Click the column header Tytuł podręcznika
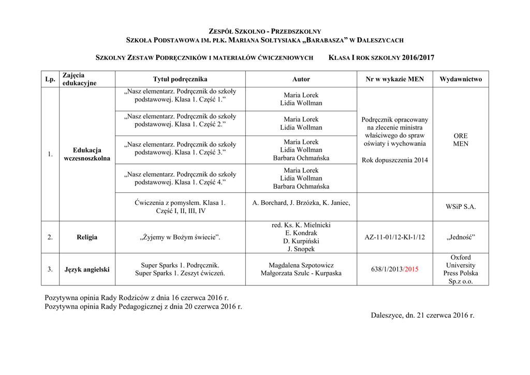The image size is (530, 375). (180, 79)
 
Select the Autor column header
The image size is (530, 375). (301, 79)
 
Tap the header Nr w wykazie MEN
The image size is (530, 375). (394, 79)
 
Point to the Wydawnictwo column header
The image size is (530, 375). (460, 79)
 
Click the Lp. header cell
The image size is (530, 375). (50, 79)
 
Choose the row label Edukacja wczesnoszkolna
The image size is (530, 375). (87, 154)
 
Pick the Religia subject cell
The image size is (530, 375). (87, 237)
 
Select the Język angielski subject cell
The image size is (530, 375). (87, 269)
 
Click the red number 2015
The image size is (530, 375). (411, 269)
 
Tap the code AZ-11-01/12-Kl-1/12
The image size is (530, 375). (394, 237)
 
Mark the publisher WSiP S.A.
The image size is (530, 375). (460, 206)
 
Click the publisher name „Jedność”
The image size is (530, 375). (460, 237)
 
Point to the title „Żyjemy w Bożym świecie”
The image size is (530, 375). (180, 237)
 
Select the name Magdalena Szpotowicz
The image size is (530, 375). (301, 265)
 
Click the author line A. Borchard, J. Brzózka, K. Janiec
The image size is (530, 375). (301, 203)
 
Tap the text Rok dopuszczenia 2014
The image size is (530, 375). (394, 160)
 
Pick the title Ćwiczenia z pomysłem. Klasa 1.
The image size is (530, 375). (180, 203)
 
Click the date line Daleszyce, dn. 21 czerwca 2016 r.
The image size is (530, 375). (422, 315)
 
